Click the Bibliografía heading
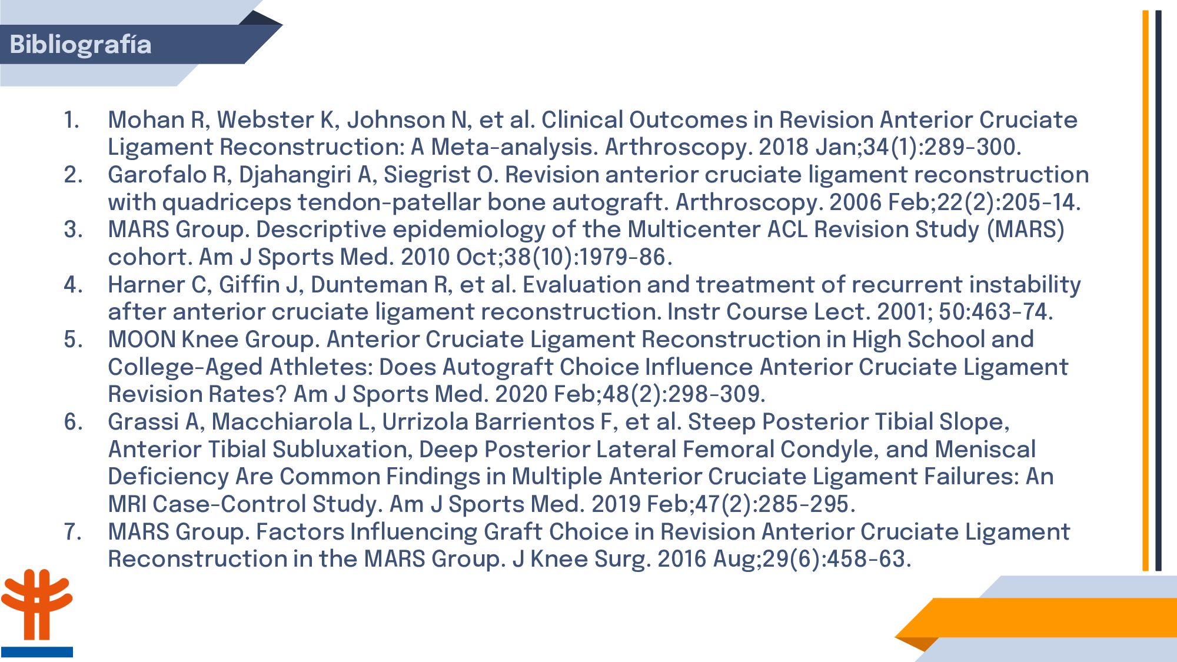[x=81, y=45]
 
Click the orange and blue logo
[x=36, y=613]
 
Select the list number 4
[x=73, y=285]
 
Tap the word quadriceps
[x=227, y=202]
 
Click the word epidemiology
[x=469, y=229]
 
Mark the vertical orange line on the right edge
[x=1146, y=291]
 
